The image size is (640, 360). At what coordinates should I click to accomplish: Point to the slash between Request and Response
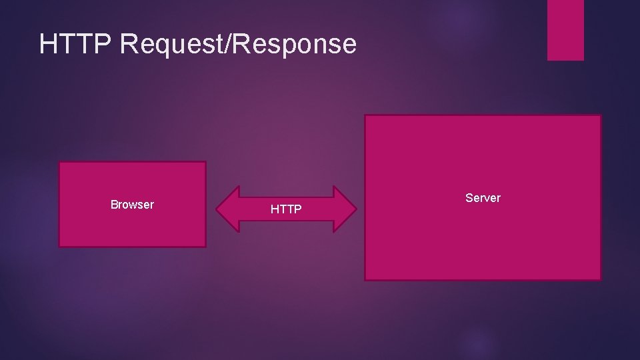coord(234,44)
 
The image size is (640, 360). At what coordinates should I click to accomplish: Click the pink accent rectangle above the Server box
coord(565,29)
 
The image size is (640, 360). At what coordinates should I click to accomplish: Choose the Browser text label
coord(132,205)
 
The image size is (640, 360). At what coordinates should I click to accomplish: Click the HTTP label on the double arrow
coord(286,210)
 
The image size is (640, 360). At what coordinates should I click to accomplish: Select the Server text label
coord(483,198)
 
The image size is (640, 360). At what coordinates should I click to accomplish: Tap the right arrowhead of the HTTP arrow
coord(345,209)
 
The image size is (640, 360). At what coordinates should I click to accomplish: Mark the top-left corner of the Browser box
coord(59,162)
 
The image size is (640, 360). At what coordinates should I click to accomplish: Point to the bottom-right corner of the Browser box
coord(205,247)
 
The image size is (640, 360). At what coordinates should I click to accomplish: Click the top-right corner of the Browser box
coord(205,162)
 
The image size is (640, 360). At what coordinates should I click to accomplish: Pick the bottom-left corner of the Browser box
coord(59,247)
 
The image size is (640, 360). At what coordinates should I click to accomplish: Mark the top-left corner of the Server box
coord(365,115)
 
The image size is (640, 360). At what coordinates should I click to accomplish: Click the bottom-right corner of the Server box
coord(600,279)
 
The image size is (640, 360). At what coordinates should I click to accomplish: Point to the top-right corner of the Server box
coord(600,115)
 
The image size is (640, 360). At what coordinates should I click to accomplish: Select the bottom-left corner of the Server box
coord(365,279)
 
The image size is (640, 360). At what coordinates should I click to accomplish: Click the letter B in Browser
coord(114,205)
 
